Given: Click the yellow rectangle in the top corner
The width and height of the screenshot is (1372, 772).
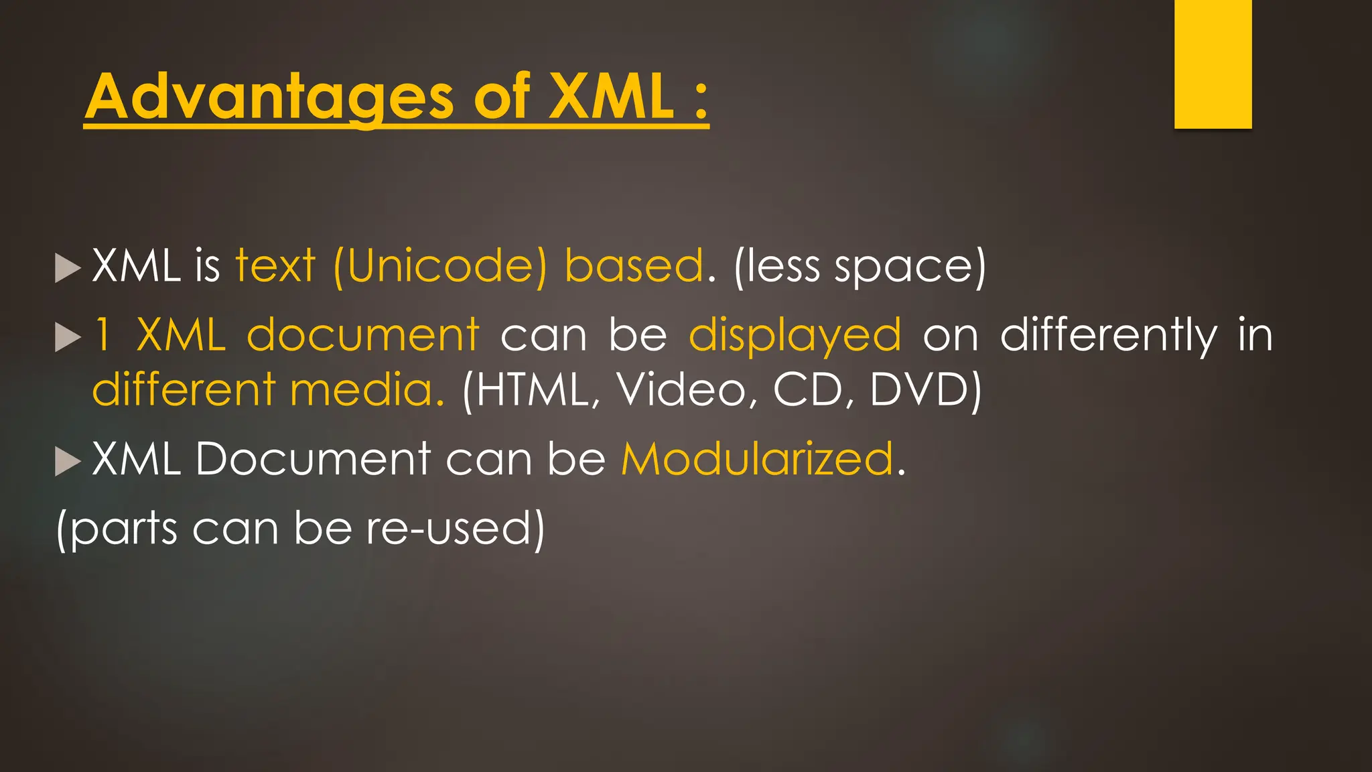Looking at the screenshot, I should click(x=1213, y=64).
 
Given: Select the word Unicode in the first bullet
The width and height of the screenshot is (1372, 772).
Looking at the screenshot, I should click(x=440, y=266).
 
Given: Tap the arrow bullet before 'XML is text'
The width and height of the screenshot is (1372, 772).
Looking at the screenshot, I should click(x=67, y=268).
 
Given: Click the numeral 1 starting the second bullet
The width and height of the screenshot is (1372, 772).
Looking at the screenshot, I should click(x=102, y=334).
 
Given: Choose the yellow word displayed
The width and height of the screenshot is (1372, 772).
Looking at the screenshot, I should click(x=795, y=336).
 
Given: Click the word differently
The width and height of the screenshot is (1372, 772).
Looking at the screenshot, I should click(x=1109, y=336).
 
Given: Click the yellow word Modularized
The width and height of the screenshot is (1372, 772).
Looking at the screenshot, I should click(x=758, y=460).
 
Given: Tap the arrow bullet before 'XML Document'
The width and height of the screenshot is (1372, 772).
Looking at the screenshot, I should click(x=67, y=461).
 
